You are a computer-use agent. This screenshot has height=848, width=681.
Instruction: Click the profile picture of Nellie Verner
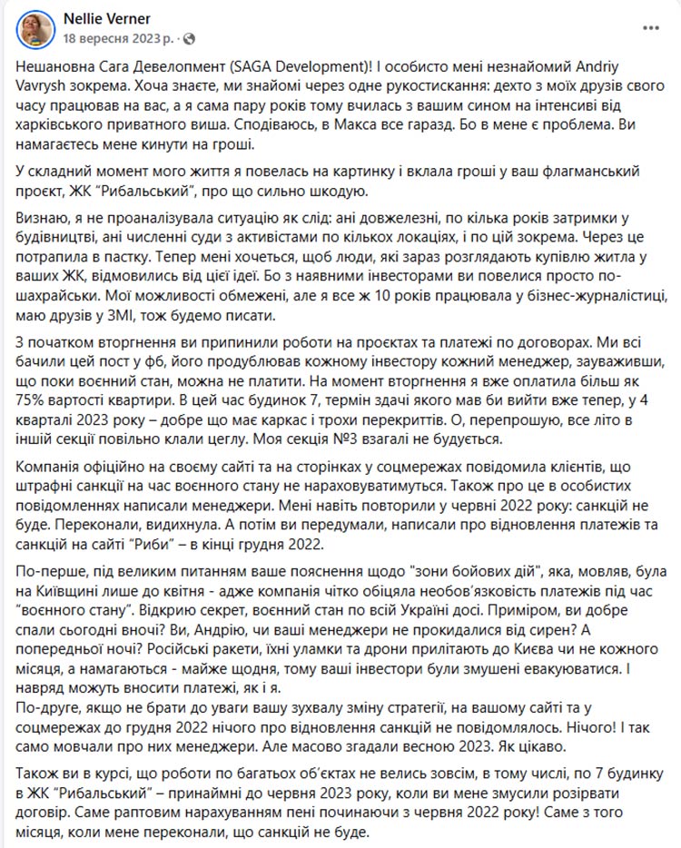[35, 28]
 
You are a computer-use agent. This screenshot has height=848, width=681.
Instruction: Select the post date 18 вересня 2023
[116, 38]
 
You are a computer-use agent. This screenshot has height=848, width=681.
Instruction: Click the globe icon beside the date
[189, 39]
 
